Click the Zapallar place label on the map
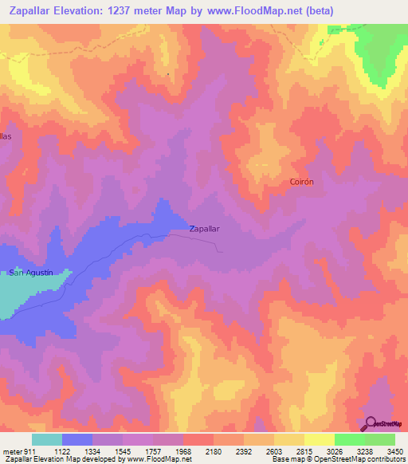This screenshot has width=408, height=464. pos(204,228)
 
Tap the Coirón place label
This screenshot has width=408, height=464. pos(301,182)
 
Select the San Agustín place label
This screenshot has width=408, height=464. pos(30,273)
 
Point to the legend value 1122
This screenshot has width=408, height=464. pos(65,451)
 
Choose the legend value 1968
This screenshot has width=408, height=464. pos(199,451)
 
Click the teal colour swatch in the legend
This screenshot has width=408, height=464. pos(46,439)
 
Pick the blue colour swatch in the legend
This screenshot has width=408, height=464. pos(76,439)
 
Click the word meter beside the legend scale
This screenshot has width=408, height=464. pos(11,451)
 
